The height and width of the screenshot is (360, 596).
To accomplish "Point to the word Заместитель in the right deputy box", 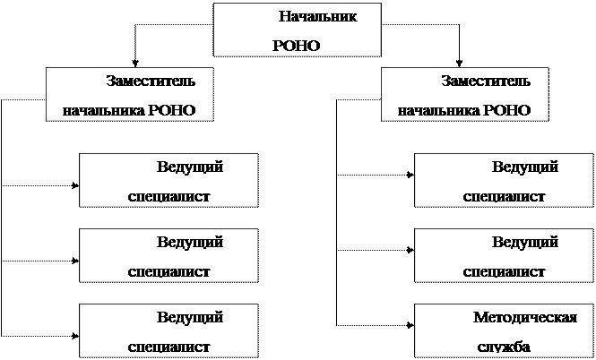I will click(x=485, y=81).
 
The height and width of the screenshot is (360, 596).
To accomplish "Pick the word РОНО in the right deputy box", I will click(x=506, y=112).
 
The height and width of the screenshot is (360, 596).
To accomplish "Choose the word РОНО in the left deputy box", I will click(x=171, y=112).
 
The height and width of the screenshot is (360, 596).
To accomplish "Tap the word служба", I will click(x=503, y=347).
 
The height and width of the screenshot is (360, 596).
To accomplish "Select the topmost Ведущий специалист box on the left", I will click(x=168, y=181).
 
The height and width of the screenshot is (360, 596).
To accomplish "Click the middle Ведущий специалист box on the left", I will click(x=168, y=255).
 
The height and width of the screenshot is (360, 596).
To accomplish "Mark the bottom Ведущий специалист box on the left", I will click(x=168, y=330).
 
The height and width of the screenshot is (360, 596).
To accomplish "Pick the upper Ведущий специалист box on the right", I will click(x=504, y=181).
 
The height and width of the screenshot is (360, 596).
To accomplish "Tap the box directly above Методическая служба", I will click(x=504, y=255).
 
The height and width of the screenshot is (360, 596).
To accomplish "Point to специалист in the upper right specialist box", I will click(x=504, y=196).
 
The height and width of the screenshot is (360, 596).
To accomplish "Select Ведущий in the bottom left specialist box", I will click(x=189, y=317).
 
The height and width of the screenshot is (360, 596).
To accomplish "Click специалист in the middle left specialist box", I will click(x=168, y=271).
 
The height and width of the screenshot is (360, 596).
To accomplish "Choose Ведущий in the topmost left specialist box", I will click(x=189, y=167).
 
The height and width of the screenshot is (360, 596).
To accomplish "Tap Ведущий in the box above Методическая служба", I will click(x=525, y=242).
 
